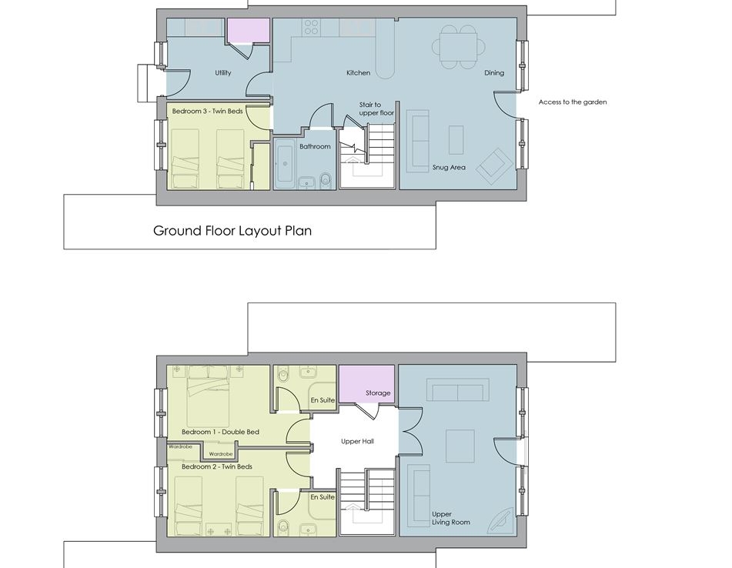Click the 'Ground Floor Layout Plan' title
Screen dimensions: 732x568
tap(232, 231)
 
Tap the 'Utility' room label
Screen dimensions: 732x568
tap(223, 73)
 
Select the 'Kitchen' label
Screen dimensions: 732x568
tap(359, 73)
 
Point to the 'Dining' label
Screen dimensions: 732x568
tap(494, 73)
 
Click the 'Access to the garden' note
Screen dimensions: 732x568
tap(573, 102)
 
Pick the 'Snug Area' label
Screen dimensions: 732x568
tap(449, 167)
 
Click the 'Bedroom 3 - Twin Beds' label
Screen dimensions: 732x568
tap(207, 111)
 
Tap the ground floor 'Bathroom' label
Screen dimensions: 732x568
tap(315, 146)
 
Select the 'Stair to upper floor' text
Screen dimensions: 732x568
tap(376, 109)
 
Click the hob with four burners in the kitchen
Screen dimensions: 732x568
tap(312, 27)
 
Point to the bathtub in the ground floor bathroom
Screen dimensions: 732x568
tap(284, 165)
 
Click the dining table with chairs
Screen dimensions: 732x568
tap(459, 47)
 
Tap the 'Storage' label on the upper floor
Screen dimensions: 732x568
tap(378, 393)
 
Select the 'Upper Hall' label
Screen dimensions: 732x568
tap(357, 442)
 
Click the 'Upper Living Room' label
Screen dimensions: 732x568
tap(450, 518)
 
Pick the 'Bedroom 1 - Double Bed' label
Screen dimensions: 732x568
tap(220, 433)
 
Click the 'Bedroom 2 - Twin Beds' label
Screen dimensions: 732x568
tap(217, 466)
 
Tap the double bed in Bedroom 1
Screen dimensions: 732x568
tap(209, 396)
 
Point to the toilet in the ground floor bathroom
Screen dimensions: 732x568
tap(326, 180)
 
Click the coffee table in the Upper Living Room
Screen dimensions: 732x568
tap(460, 446)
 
